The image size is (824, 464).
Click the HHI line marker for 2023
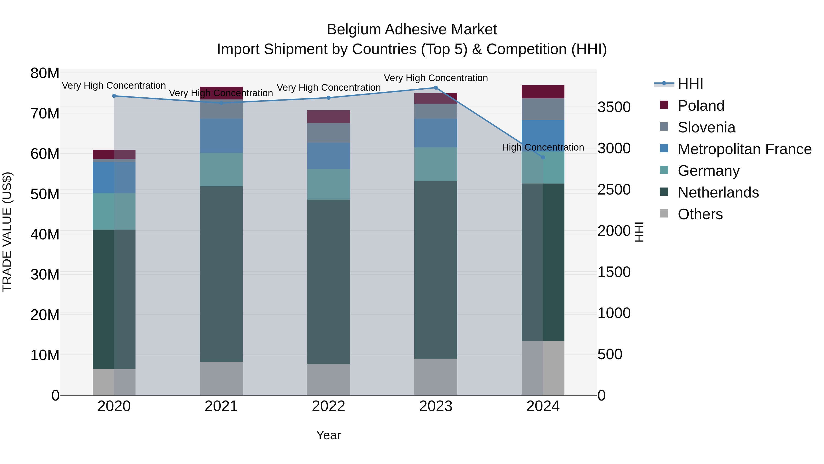pos(436,88)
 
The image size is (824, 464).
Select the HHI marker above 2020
pos(114,96)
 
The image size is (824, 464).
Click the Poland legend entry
pos(701,106)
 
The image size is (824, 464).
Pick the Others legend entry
pos(700,214)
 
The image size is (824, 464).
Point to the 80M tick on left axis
pos(45,73)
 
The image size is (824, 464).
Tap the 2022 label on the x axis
pos(328,406)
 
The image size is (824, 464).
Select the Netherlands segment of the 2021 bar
pos(221,274)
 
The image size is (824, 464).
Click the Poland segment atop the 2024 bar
pos(543,92)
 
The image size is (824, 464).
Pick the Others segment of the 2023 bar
pos(436,377)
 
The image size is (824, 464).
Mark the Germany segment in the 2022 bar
pos(328,184)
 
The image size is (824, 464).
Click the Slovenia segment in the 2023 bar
pos(436,111)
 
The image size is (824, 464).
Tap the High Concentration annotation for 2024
pos(543,147)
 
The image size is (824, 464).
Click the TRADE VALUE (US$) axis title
pos(7,232)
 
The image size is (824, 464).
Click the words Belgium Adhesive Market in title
pos(412,30)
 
